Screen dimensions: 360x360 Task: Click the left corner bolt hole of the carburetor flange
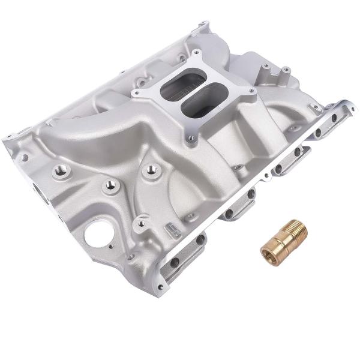click(x=138, y=93)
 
